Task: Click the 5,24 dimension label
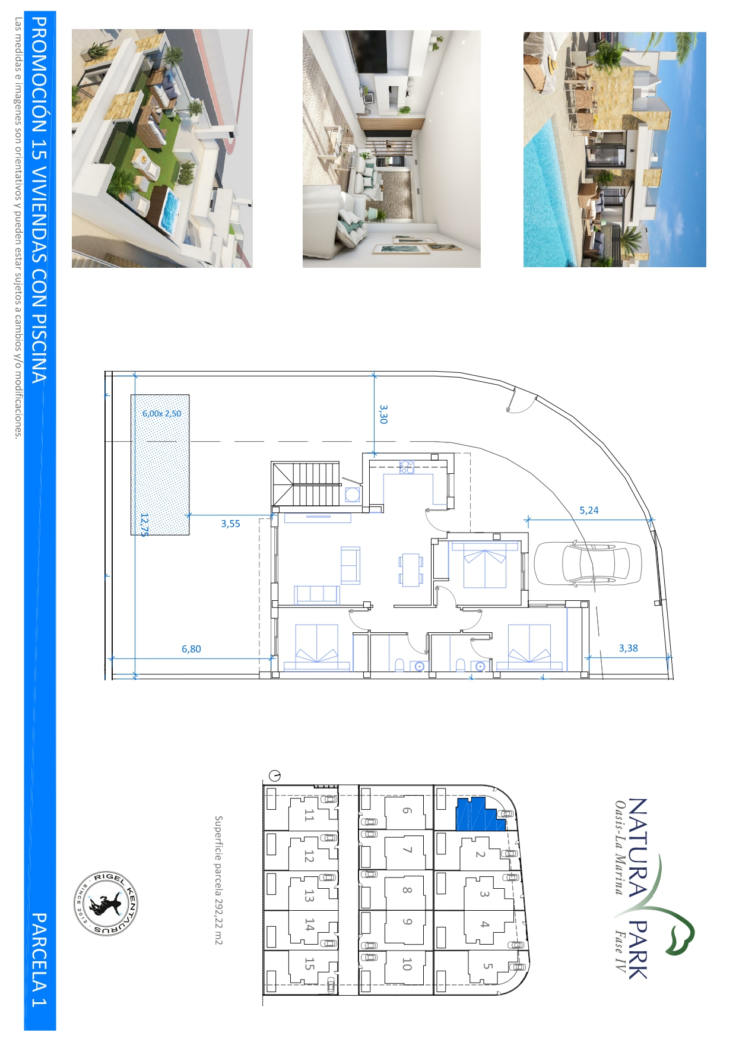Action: (589, 510)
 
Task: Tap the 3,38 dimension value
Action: (628, 648)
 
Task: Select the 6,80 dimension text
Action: (191, 649)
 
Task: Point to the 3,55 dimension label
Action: (230, 523)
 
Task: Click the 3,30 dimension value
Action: (383, 414)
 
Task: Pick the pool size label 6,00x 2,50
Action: (161, 413)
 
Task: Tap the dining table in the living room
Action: (411, 569)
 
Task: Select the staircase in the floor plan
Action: (307, 484)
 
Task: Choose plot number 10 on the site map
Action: (407, 964)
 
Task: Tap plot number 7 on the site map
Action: (407, 850)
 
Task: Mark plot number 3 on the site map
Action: (484, 894)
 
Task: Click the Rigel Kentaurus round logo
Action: (106, 904)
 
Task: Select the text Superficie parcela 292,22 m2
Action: (218, 880)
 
